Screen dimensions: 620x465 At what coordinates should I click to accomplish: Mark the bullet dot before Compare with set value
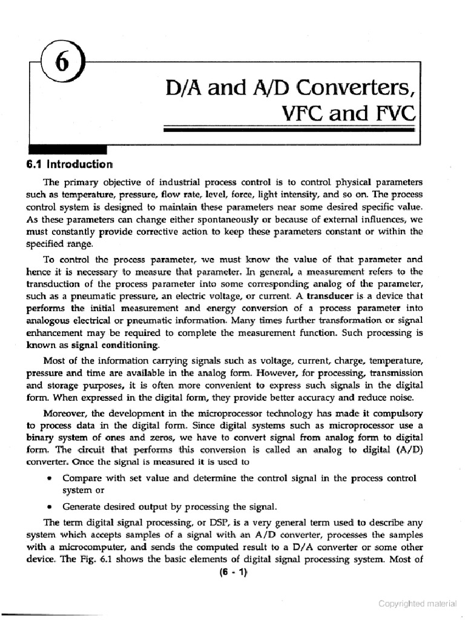[x=48, y=478]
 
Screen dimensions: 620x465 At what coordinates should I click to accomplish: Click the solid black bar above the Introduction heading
[x=67, y=150]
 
